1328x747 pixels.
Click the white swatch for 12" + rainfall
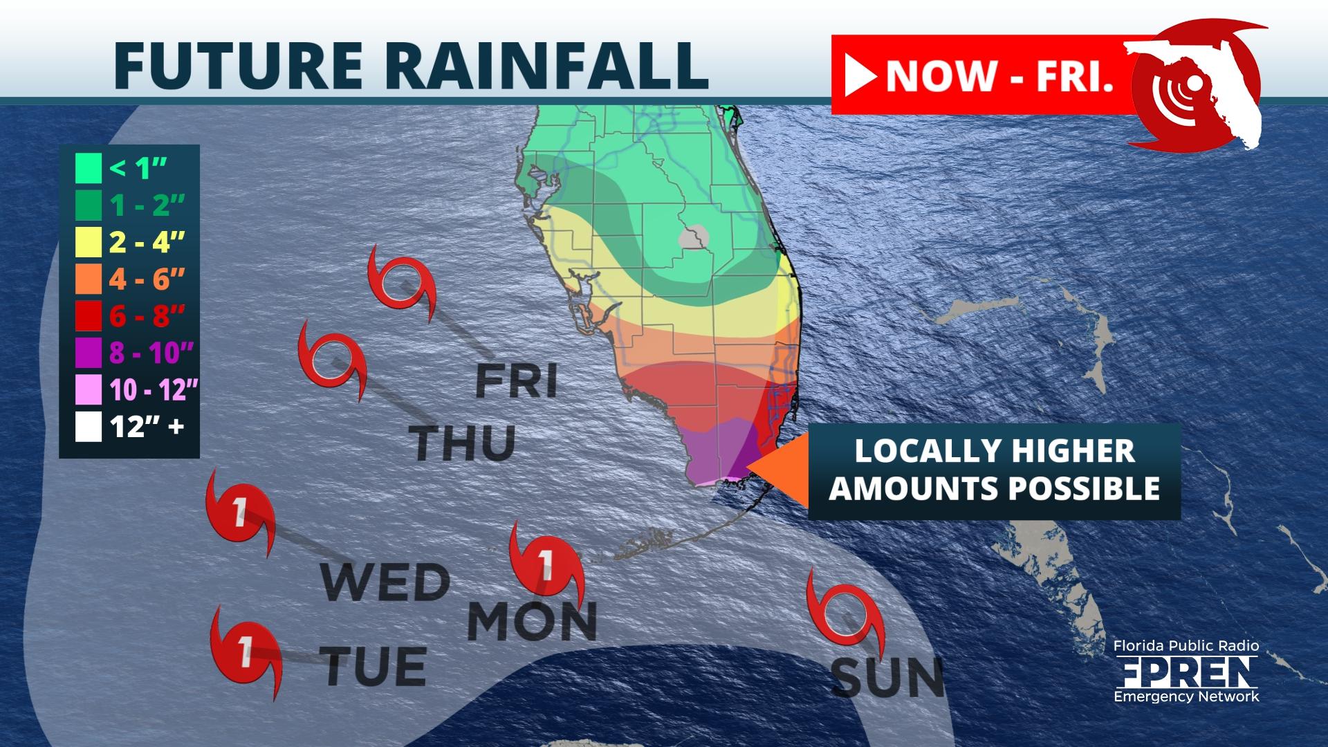[89, 427]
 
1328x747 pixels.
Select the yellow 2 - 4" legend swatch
[89, 242]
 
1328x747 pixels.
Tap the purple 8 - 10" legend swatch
[89, 353]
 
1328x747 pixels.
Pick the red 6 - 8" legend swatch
[89, 316]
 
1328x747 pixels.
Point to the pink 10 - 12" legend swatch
[89, 390]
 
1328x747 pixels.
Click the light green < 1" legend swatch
[89, 168]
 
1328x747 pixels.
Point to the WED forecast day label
[385, 582]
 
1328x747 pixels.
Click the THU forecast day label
[462, 443]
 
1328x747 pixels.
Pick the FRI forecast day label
[517, 382]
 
